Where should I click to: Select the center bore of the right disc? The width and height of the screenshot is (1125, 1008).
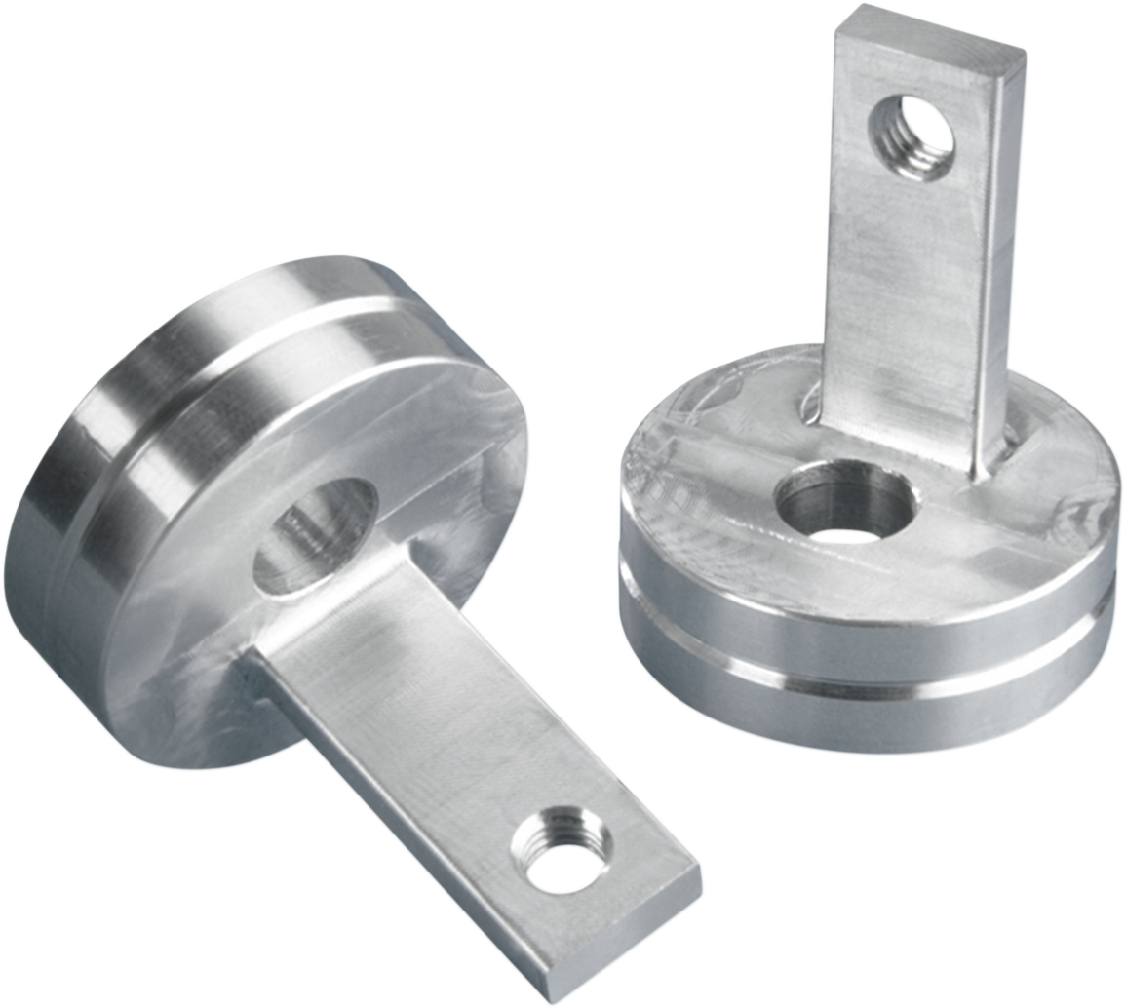(844, 506)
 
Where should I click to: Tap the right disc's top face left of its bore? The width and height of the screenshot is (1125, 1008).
(702, 487)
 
